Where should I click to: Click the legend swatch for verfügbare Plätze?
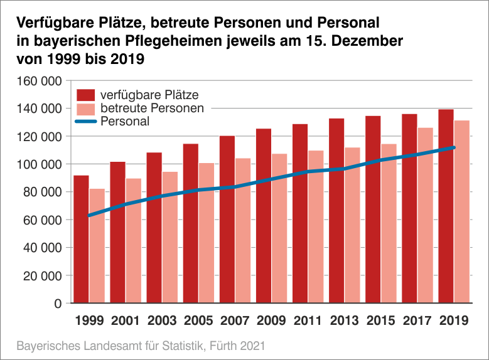(x=85, y=95)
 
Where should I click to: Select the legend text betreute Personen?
(x=153, y=109)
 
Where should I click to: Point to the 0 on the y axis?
(x=57, y=304)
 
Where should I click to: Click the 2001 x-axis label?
(x=126, y=320)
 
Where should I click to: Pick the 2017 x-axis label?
(x=417, y=320)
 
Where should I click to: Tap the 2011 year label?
(x=308, y=320)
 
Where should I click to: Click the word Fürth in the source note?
(x=223, y=346)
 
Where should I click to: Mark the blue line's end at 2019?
(x=453, y=148)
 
